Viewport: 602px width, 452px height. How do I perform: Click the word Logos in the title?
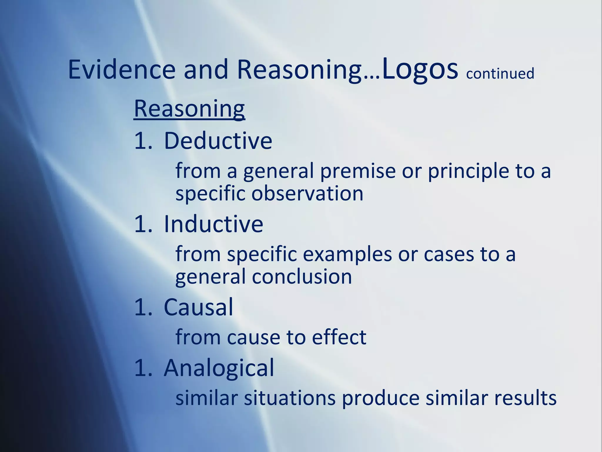click(420, 69)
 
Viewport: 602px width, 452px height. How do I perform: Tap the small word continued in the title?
click(500, 73)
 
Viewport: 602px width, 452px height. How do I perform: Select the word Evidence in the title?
click(122, 69)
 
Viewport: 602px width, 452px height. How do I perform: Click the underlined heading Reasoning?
click(189, 109)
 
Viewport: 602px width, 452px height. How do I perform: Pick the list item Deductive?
click(218, 141)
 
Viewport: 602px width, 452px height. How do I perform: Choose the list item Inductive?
click(213, 224)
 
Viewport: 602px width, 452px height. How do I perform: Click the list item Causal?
click(198, 307)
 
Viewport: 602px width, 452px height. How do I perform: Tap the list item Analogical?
click(219, 368)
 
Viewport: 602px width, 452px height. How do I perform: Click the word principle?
click(468, 171)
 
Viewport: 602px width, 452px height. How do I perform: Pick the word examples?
click(347, 254)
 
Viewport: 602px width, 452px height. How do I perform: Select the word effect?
click(339, 337)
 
